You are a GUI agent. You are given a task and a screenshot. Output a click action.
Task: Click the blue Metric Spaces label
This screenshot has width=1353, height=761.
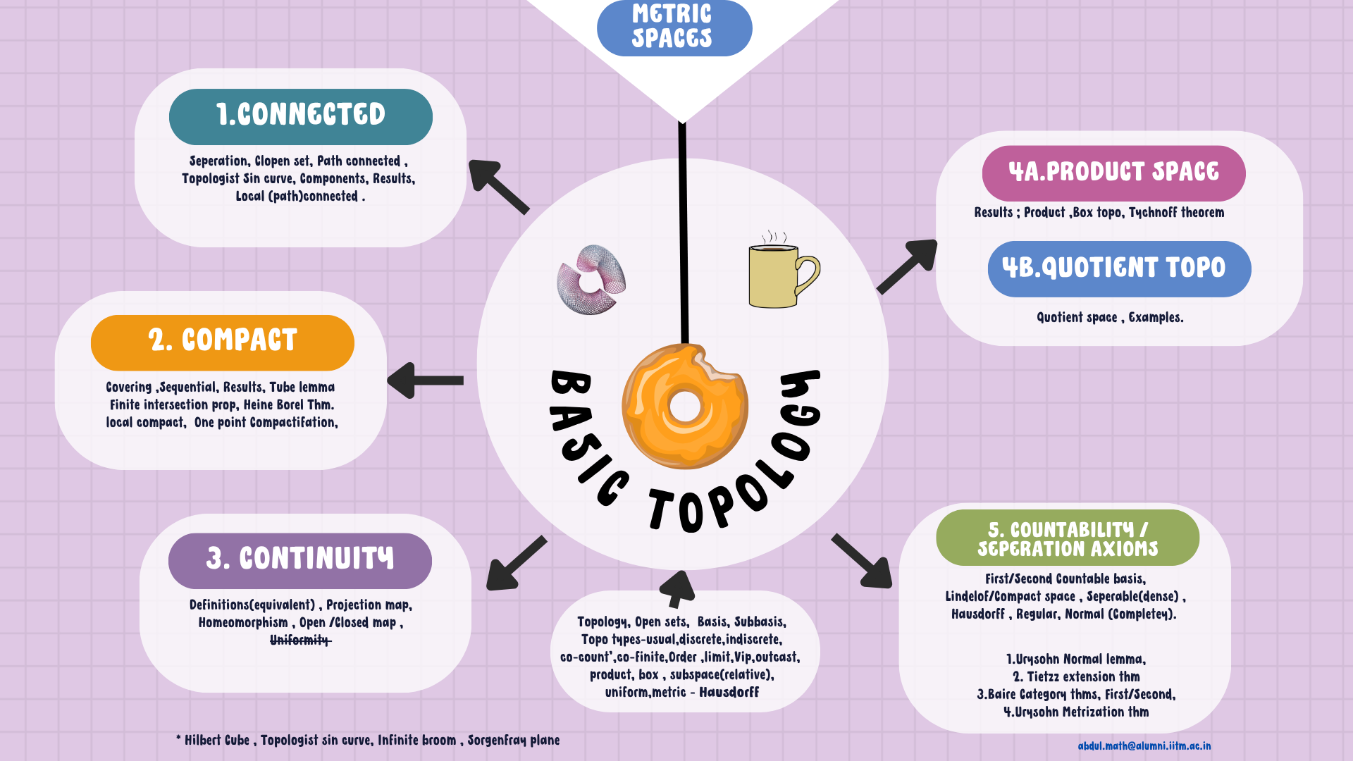click(x=674, y=27)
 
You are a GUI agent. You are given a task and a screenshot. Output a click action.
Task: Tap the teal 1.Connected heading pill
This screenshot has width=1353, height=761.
click(x=300, y=116)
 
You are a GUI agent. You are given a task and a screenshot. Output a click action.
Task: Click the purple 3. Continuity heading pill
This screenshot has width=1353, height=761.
click(x=299, y=560)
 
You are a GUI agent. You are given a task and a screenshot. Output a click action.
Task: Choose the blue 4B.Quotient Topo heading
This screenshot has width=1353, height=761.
click(x=1118, y=268)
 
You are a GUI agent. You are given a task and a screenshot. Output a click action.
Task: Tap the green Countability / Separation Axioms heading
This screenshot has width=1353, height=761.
click(x=1067, y=538)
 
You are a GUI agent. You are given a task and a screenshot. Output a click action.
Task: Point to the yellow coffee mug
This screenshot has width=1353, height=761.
click(x=774, y=276)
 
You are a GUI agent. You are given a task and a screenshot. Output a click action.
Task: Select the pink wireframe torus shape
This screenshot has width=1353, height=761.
click(x=592, y=280)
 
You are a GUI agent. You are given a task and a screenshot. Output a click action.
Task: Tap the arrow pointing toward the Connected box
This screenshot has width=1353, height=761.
click(x=497, y=185)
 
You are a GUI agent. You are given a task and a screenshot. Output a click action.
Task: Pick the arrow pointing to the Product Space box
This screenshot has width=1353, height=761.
click(x=908, y=266)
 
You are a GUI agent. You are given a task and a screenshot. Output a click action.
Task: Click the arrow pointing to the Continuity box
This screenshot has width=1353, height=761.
click(x=516, y=562)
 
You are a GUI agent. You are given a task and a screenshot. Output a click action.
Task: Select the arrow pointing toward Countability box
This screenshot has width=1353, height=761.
click(x=863, y=561)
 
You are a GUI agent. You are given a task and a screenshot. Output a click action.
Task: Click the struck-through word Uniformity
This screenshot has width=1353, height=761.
click(x=300, y=640)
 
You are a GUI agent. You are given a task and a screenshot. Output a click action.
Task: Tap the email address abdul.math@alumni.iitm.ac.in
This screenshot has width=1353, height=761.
click(x=1144, y=745)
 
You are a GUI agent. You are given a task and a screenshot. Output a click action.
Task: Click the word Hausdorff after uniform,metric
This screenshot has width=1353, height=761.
click(x=729, y=693)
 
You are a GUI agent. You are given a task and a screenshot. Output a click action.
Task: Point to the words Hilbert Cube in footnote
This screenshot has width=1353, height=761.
click(x=217, y=741)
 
